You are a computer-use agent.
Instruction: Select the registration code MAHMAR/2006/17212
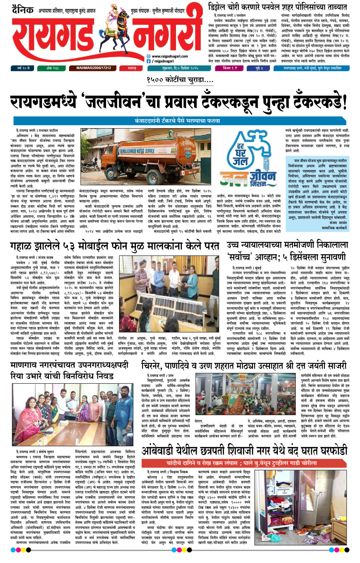coord(93,68)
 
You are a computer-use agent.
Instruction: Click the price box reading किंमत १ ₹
coord(230,68)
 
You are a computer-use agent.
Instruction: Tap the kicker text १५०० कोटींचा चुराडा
coord(180,80)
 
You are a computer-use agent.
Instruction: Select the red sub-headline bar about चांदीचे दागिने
coord(241,463)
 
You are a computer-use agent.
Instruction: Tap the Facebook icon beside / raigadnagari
coord(149,61)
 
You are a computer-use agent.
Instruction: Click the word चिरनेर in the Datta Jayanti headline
coord(154,366)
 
